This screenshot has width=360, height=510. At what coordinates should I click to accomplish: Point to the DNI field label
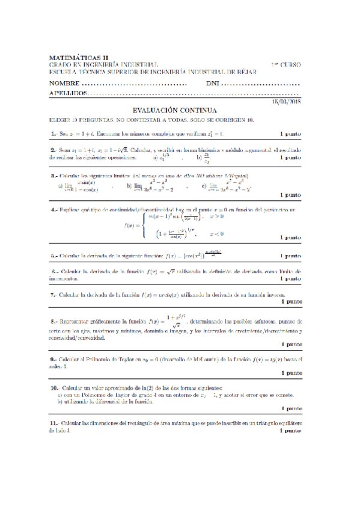pyautogui.click(x=213, y=84)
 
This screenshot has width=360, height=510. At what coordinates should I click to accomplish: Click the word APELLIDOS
pyautogui.click(x=67, y=94)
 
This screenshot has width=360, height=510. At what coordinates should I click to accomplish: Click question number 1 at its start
pyautogui.click(x=53, y=133)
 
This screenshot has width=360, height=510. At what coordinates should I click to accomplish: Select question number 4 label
pyautogui.click(x=53, y=210)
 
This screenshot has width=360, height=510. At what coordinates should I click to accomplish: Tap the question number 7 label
pyautogui.click(x=53, y=295)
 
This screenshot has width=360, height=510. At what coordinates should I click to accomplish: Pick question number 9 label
pyautogui.click(x=53, y=360)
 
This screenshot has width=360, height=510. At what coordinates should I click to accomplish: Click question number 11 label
pyautogui.click(x=55, y=423)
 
